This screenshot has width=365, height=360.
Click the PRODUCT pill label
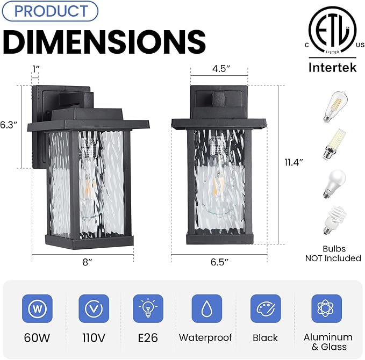(49, 11)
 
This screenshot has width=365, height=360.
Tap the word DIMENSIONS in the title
(104, 40)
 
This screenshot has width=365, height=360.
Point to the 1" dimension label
(35, 68)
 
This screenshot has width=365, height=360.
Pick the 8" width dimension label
(82, 263)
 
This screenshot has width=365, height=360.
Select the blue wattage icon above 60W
(37, 309)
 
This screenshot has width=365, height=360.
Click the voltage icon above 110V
(94, 309)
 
